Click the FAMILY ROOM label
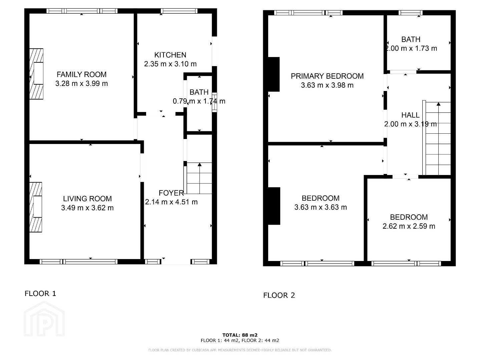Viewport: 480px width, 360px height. pyautogui.click(x=82, y=74)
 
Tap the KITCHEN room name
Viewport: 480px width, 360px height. pyautogui.click(x=170, y=55)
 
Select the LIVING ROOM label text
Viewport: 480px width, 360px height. pyautogui.click(x=87, y=199)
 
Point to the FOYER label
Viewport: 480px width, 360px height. pyautogui.click(x=171, y=193)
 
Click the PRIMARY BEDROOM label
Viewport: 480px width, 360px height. pyautogui.click(x=327, y=76)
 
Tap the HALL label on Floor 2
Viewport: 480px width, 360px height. pyautogui.click(x=411, y=115)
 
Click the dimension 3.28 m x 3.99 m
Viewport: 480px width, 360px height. pyautogui.click(x=82, y=83)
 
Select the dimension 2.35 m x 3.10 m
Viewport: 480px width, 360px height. pyautogui.click(x=170, y=64)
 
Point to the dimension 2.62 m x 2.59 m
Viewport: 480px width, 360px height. pyautogui.click(x=409, y=226)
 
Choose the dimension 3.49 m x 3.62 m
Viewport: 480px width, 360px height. pyautogui.click(x=87, y=208)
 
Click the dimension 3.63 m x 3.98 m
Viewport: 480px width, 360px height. pyautogui.click(x=327, y=85)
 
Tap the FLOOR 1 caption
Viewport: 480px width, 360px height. pyautogui.click(x=40, y=293)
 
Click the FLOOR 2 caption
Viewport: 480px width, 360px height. pyautogui.click(x=279, y=295)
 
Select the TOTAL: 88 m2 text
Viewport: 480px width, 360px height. pyautogui.click(x=240, y=335)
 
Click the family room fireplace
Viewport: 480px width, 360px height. pyautogui.click(x=36, y=74)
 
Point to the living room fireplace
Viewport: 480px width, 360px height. pyautogui.click(x=36, y=207)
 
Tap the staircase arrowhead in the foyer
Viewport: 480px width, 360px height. pyautogui.click(x=199, y=164)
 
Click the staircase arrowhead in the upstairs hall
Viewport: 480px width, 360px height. pyautogui.click(x=438, y=104)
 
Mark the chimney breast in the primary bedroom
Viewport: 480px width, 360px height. pyautogui.click(x=274, y=74)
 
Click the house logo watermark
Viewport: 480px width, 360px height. pyautogui.click(x=44, y=319)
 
